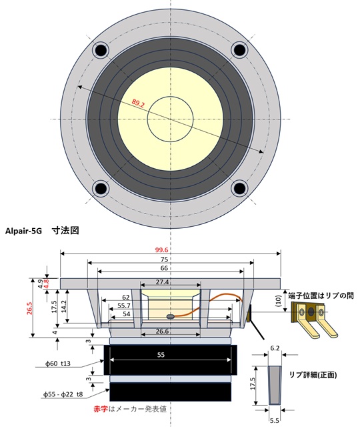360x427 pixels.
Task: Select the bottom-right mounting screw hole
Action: [x=239, y=189]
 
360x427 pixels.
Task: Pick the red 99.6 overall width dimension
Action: [x=170, y=249]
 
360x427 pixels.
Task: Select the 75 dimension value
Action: [x=170, y=260]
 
